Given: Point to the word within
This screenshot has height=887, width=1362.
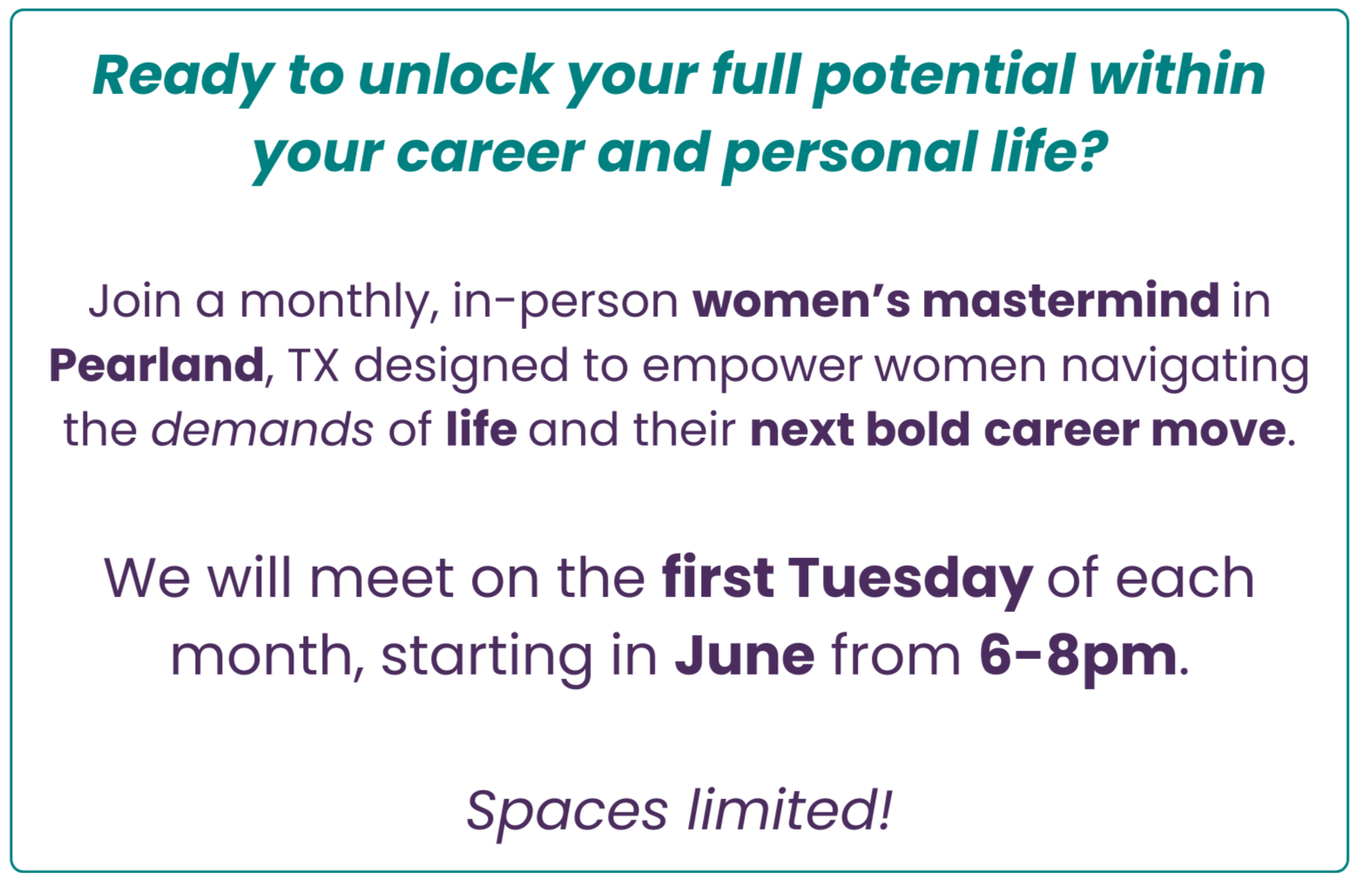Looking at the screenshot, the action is [1177, 74].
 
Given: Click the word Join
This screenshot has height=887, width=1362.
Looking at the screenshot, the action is [135, 300].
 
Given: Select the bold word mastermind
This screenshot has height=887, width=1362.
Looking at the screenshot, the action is [1071, 300].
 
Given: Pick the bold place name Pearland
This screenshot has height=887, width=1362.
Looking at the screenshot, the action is [156, 365].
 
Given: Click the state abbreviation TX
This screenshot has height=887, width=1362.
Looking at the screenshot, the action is [314, 366].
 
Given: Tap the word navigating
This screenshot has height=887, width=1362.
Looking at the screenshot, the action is [1186, 369].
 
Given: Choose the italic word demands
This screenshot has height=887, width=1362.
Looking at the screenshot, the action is [262, 429].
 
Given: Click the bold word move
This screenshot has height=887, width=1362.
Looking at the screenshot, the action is [1218, 430].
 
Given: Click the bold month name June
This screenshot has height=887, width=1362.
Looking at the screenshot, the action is [745, 655].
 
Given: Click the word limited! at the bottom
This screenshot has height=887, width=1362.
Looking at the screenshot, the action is [790, 809].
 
